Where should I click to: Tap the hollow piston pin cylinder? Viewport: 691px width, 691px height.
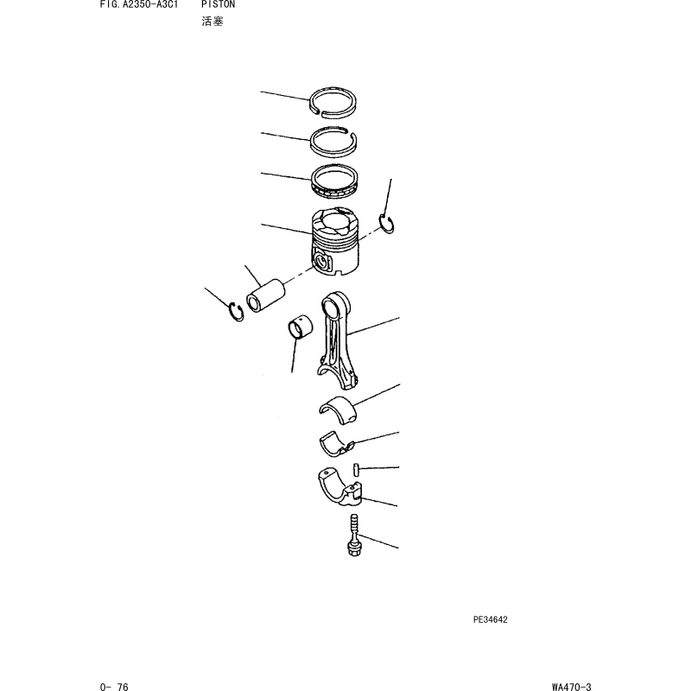[x=266, y=295]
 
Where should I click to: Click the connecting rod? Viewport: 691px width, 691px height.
[x=337, y=339]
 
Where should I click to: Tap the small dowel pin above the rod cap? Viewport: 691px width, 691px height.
[x=356, y=469]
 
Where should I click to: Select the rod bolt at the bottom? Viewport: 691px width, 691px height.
[x=353, y=535]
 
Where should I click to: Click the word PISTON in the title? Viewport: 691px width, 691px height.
[x=219, y=4]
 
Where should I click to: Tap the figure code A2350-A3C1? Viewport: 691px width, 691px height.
[x=150, y=4]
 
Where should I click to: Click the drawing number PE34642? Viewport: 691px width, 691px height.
[x=491, y=619]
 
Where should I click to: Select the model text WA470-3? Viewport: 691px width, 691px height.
[x=572, y=687]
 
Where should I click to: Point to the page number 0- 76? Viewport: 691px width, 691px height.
[x=114, y=687]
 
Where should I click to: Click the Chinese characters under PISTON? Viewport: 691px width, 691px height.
[x=212, y=21]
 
